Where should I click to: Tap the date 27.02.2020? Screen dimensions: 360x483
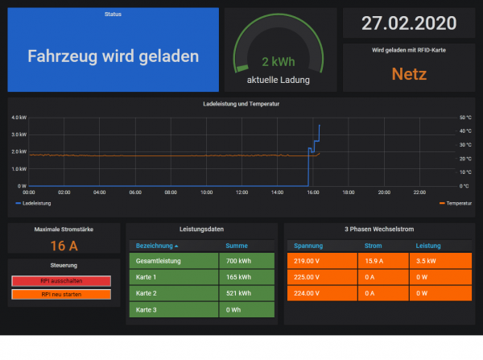(x=408, y=23)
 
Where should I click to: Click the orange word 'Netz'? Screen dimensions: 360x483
(x=408, y=74)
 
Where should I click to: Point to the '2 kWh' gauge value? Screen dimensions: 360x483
(x=278, y=61)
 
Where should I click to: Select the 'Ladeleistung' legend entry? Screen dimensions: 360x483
(x=36, y=204)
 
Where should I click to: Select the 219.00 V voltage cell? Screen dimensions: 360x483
(x=308, y=260)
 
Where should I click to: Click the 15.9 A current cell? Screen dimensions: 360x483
(x=374, y=260)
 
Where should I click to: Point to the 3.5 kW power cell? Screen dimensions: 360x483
(x=426, y=260)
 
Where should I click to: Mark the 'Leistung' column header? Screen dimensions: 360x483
(x=428, y=245)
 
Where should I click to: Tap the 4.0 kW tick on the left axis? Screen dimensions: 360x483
(x=19, y=117)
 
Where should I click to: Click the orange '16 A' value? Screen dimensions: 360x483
(x=64, y=246)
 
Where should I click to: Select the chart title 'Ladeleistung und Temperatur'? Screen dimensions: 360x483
(x=242, y=104)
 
